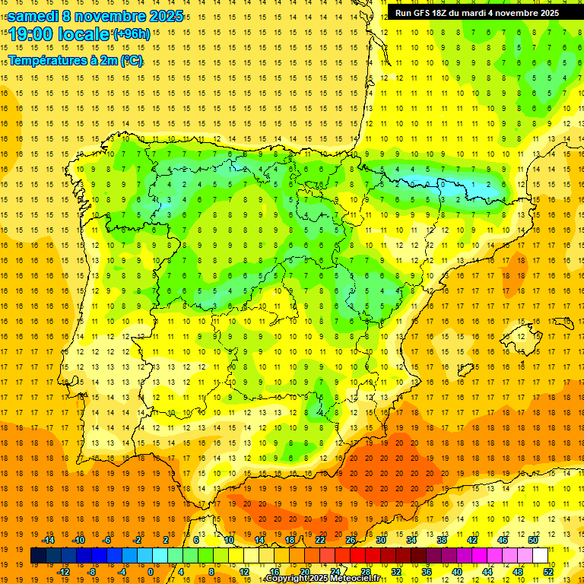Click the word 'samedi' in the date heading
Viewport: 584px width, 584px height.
click(33, 16)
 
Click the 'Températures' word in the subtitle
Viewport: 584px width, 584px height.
click(47, 60)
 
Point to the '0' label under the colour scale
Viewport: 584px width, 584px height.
click(151, 572)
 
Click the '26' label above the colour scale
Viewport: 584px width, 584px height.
click(351, 540)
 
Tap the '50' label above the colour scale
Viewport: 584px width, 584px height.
click(533, 540)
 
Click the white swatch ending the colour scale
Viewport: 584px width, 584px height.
click(540, 556)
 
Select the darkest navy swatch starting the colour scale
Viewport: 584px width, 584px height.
click(39, 556)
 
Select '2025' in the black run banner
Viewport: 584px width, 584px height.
click(545, 13)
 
